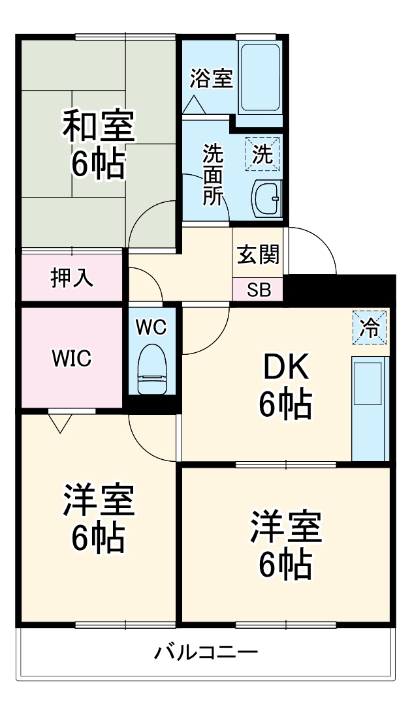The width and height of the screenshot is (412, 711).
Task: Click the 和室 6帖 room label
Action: click(98, 144)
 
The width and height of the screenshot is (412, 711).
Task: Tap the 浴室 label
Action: click(212, 78)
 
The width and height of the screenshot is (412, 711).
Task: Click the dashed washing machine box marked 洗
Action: click(262, 154)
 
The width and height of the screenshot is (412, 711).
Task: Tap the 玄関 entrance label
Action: click(258, 254)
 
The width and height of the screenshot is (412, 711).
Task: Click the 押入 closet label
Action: click(72, 277)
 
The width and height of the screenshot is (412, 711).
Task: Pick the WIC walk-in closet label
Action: click(71, 359)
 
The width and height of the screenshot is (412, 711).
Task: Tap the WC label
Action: click(151, 327)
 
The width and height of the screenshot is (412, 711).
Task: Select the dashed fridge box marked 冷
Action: click(370, 327)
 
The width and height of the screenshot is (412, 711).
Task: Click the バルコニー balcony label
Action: click(206, 652)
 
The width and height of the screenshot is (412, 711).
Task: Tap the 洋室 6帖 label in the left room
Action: click(98, 519)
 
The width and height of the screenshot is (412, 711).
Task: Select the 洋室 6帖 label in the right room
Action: click(286, 544)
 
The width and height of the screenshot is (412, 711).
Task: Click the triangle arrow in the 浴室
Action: click(195, 105)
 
